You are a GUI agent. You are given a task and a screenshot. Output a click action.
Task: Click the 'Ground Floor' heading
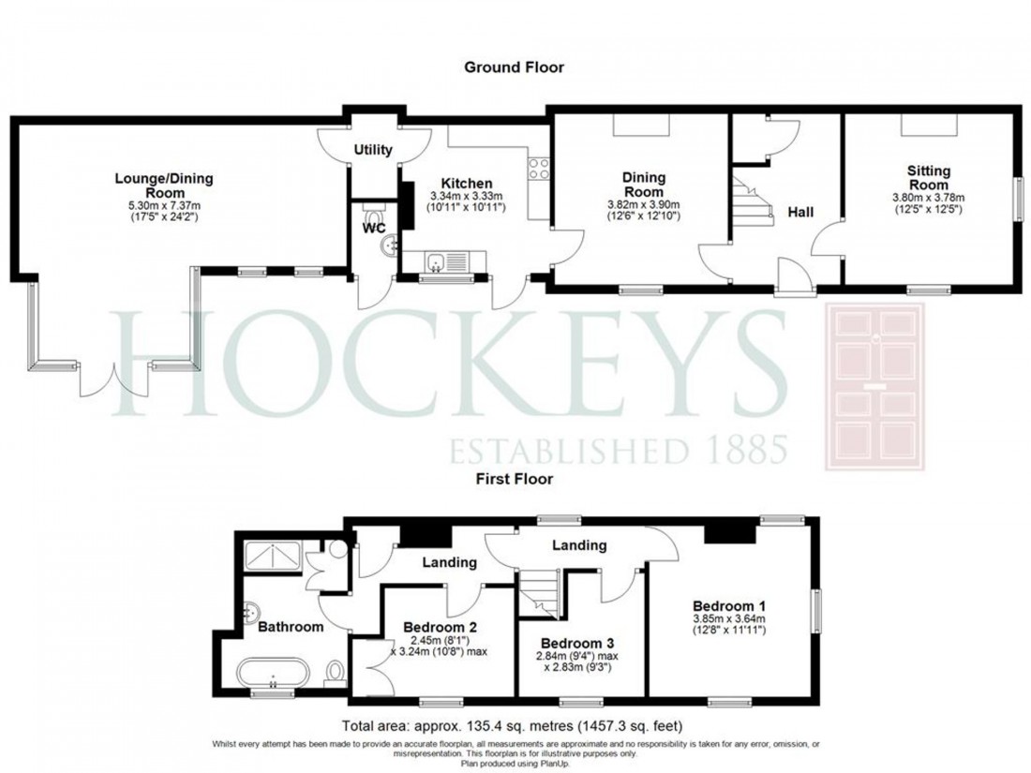point(514,67)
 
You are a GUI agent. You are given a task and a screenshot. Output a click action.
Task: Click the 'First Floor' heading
point(515,478)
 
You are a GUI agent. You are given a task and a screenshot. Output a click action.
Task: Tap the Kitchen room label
point(468,183)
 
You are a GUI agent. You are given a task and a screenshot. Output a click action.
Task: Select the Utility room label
point(373,150)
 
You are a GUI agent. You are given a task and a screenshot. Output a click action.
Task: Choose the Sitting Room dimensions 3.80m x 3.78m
point(928,198)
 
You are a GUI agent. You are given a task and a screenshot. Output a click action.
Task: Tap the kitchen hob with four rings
point(540,169)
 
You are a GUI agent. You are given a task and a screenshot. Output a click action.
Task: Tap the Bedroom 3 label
point(578,643)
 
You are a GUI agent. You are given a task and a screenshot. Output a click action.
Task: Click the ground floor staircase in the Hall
point(749,201)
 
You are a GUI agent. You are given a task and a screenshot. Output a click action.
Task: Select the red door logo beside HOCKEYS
point(873,387)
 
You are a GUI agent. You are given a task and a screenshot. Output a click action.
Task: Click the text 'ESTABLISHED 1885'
point(619,450)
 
